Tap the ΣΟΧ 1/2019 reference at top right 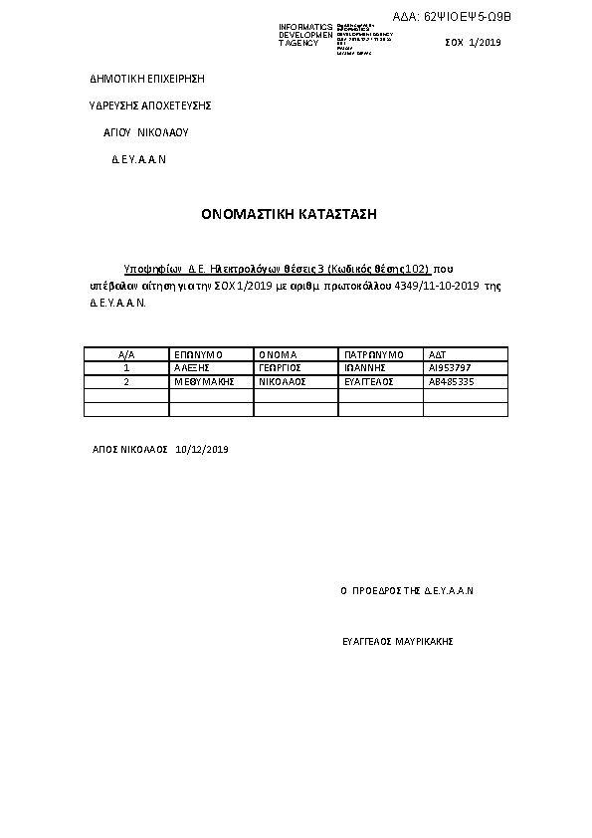(474, 42)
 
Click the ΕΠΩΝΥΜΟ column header (198, 354)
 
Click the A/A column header (126, 354)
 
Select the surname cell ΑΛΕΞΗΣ (190, 367)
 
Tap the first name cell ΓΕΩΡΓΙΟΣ (280, 367)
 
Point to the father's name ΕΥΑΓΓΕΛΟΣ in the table (369, 381)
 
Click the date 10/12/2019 (202, 450)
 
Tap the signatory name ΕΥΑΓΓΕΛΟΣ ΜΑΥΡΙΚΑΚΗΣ (397, 642)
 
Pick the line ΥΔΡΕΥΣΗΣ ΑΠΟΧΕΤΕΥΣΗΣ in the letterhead (150, 105)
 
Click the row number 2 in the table (126, 381)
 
